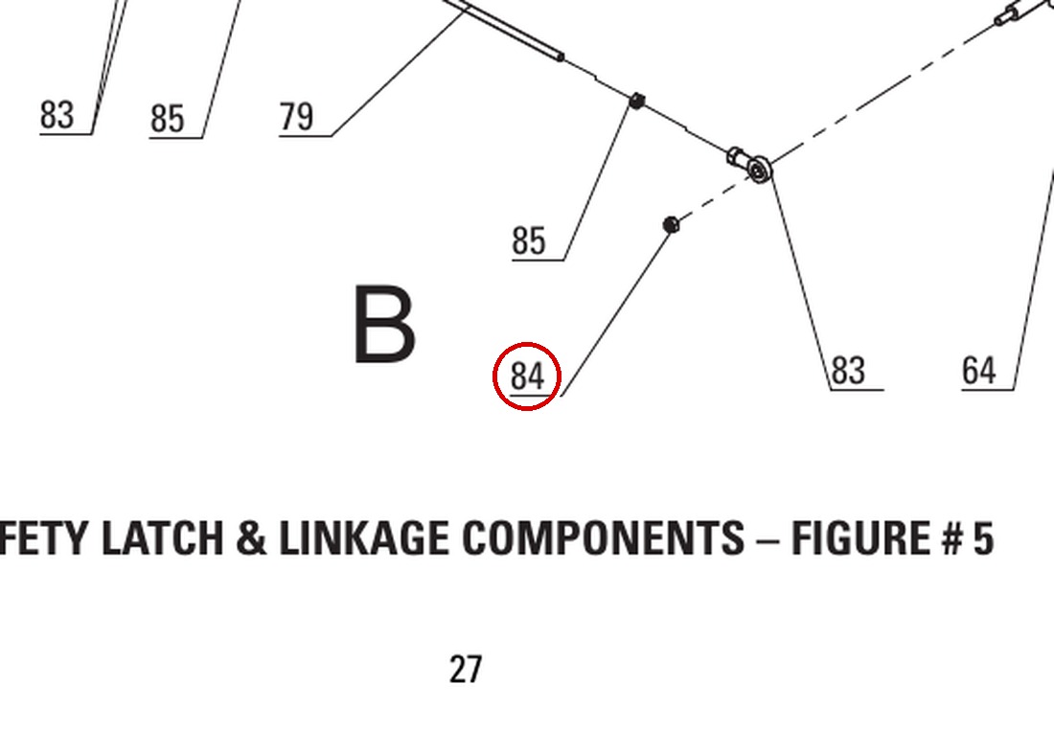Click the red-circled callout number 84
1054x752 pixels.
point(527,376)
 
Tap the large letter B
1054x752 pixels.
point(384,324)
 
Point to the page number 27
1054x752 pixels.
point(465,670)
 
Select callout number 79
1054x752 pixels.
point(296,116)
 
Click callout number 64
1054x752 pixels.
point(978,371)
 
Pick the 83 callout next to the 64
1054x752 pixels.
point(848,371)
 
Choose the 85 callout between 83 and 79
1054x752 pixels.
point(168,118)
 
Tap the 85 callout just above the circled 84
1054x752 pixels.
point(529,240)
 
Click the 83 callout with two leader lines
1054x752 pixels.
point(57,115)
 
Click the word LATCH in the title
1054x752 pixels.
point(162,538)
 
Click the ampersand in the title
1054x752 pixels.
point(251,539)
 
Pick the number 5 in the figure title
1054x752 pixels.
point(983,539)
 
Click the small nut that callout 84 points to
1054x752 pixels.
point(670,224)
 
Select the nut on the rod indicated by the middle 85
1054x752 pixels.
point(636,101)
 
